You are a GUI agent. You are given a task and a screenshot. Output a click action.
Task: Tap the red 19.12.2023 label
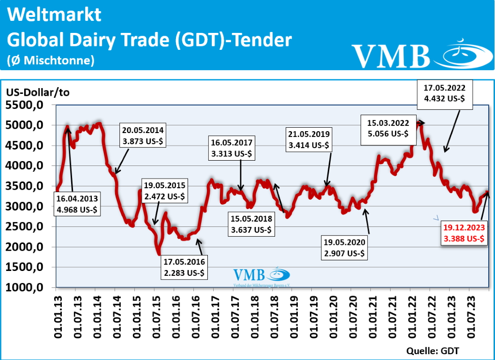[464, 234]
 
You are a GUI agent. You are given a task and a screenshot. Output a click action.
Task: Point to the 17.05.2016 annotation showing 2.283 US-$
[184, 267]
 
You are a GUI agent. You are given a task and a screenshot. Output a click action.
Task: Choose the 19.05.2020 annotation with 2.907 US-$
[344, 247]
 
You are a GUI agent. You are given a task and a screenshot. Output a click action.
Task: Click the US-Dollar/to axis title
[38, 92]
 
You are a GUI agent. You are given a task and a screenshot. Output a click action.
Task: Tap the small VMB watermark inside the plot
[262, 277]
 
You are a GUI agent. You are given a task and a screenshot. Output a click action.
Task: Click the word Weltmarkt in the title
[55, 15]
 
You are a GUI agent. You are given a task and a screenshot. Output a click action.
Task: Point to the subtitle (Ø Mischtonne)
[50, 60]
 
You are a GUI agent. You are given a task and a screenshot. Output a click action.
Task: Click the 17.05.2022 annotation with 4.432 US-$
[444, 93]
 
